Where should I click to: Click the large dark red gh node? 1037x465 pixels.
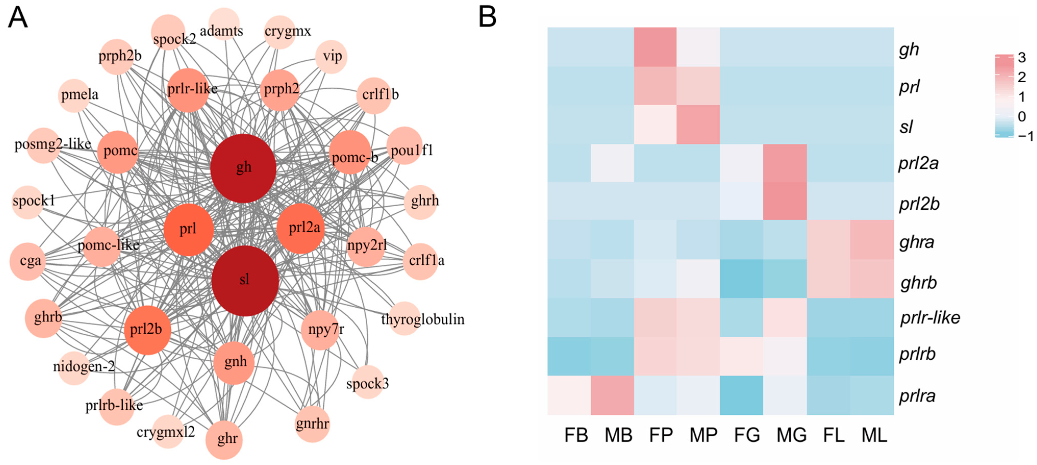(243, 168)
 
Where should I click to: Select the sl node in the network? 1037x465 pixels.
(245, 280)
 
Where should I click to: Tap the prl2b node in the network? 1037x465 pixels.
(147, 330)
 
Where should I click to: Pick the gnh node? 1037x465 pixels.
(234, 363)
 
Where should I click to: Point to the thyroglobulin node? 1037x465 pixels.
(404, 319)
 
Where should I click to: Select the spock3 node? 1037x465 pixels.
(367, 382)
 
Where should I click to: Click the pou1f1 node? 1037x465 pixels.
(404, 146)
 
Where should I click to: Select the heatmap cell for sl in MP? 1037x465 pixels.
(698, 124)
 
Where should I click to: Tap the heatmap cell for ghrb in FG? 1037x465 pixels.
(741, 279)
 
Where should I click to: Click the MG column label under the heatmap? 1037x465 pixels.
(791, 435)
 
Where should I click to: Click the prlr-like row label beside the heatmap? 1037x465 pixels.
(930, 318)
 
